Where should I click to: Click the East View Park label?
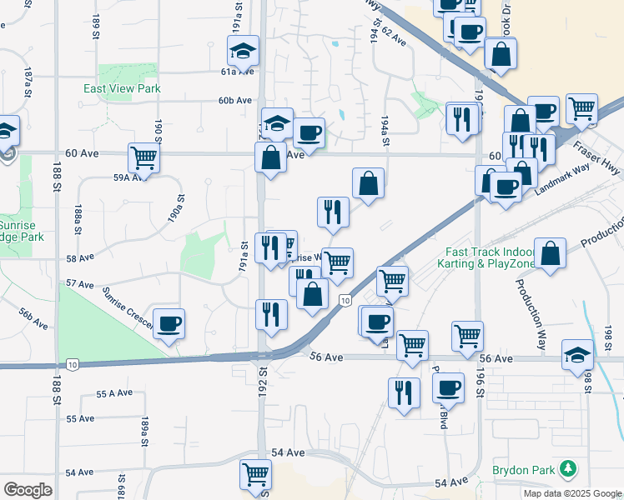tap(122, 88)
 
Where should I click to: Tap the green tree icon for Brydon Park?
tap(568, 469)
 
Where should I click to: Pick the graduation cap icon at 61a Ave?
tap(243, 52)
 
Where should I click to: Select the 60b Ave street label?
tap(235, 101)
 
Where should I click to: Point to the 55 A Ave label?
tap(114, 393)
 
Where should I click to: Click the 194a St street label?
tap(385, 131)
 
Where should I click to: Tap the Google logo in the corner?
tap(28, 489)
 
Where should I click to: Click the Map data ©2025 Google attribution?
tap(571, 493)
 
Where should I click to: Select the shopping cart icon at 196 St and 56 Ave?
tap(467, 335)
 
